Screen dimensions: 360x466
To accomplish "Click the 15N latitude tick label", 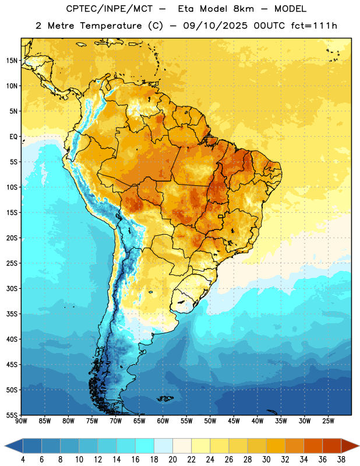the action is [12, 61].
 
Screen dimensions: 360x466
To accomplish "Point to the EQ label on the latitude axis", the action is [13, 137].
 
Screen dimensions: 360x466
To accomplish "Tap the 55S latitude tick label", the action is [12, 415].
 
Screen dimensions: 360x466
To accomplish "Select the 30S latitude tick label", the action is [12, 288].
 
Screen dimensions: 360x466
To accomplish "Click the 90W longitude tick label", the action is [21, 421].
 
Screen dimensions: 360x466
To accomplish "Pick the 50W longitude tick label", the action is [210, 421].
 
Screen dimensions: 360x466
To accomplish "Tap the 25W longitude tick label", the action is [328, 421].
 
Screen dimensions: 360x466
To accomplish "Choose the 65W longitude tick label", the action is [139, 421].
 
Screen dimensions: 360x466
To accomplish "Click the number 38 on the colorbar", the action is [341, 460].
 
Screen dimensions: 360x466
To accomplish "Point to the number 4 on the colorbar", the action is [23, 460].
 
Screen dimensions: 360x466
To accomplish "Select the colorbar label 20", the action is [172, 460].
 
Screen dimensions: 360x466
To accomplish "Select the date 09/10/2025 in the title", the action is [215, 26].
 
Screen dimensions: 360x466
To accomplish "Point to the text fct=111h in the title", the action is [314, 26].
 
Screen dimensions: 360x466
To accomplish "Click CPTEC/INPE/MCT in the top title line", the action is [109, 9].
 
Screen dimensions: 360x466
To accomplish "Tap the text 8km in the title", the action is [243, 9].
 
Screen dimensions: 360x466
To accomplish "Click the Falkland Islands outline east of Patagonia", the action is [165, 398].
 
